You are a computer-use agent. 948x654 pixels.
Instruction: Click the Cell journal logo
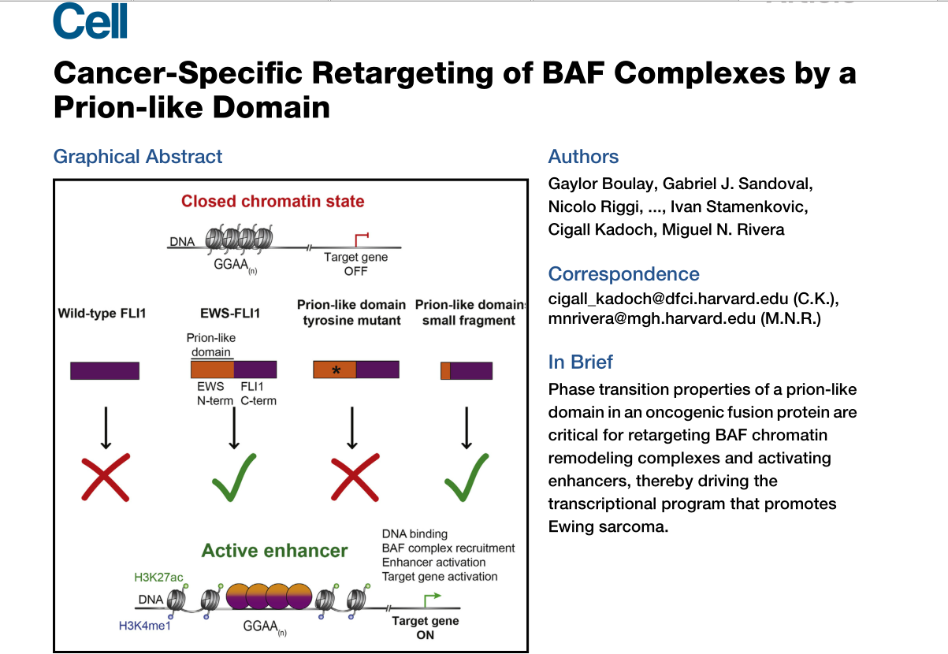(90, 23)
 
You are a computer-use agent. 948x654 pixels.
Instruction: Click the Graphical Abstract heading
(138, 156)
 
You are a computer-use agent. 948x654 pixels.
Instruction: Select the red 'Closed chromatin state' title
(273, 201)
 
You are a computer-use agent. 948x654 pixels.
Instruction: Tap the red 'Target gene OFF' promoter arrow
(361, 237)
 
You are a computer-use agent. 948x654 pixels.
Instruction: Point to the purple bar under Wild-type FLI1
(105, 370)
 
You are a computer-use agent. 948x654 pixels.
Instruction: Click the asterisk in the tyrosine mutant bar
(336, 370)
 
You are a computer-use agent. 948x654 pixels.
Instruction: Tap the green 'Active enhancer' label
(274, 550)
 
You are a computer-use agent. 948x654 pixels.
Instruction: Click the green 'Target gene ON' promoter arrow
(430, 600)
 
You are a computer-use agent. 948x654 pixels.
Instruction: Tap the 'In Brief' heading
(580, 362)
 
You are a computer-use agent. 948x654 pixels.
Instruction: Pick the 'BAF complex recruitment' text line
(448, 548)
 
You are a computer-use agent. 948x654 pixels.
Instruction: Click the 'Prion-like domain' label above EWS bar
(210, 345)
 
